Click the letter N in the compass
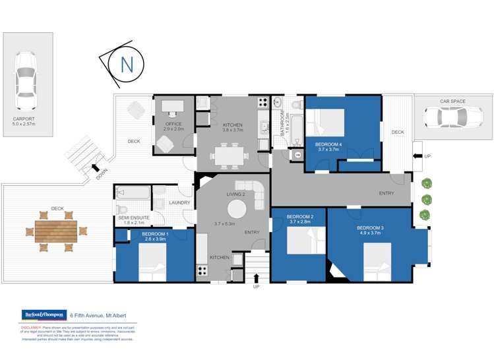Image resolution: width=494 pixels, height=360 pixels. coord(126,65)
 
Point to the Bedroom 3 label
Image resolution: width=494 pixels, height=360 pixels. coord(373,227)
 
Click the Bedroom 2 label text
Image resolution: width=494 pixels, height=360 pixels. coord(300,217)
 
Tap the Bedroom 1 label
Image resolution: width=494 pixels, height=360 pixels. coord(154,234)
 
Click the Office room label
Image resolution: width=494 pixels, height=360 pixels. coord(173,124)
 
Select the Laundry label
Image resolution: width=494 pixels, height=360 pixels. coord(179,202)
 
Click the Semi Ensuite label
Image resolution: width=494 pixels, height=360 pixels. coord(134,217)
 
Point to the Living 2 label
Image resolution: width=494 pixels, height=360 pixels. coord(235,194)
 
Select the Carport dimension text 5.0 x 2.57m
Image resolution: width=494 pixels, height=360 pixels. coord(24,123)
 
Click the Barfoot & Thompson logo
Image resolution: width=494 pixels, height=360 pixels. coord(43,315)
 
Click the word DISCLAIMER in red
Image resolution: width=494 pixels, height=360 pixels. coord(31,326)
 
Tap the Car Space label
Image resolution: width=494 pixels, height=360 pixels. coord(452,102)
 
